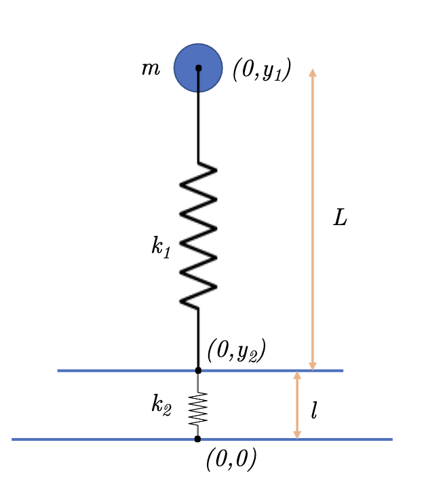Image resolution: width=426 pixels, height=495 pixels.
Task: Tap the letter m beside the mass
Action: (150, 68)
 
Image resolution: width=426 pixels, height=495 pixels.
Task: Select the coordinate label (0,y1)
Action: (262, 71)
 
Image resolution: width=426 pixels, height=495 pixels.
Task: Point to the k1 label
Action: (161, 247)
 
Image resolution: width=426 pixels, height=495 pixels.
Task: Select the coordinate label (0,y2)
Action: (236, 350)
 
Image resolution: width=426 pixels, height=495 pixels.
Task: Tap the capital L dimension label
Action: (340, 218)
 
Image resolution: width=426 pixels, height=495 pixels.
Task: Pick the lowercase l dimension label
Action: (313, 411)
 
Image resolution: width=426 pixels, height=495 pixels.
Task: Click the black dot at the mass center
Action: (199, 68)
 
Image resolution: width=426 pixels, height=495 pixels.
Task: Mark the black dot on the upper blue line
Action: (198, 370)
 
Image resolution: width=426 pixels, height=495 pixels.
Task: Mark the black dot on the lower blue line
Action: (197, 439)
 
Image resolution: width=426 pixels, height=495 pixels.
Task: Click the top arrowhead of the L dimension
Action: (313, 73)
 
